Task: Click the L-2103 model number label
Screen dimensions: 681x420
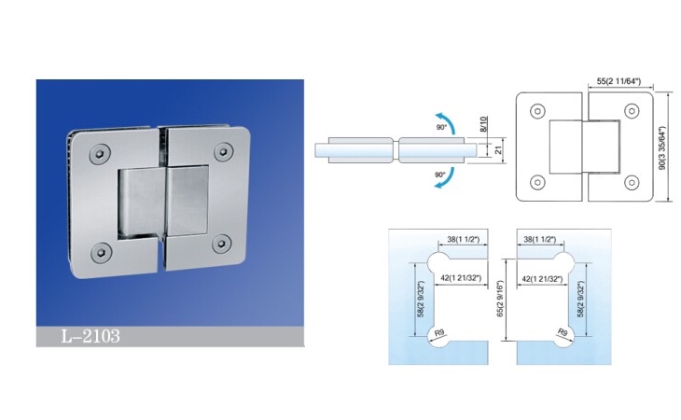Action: click(90, 336)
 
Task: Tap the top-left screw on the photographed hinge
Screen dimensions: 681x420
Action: click(100, 154)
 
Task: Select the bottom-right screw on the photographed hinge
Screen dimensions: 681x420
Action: click(222, 245)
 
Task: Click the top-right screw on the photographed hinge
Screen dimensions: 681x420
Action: click(223, 151)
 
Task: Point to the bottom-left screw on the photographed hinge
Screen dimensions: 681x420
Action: click(102, 252)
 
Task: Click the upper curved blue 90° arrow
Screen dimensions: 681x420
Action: click(449, 119)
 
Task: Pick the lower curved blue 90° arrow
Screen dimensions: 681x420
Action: click(448, 178)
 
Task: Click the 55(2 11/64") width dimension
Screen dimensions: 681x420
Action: click(618, 81)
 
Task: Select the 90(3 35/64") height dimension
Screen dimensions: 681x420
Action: click(662, 148)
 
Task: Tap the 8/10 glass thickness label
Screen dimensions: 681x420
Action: click(484, 124)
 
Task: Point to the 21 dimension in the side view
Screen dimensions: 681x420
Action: click(498, 150)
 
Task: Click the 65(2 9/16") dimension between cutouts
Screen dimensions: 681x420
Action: click(500, 299)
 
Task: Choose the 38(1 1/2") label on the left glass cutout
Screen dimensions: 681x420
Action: click(464, 239)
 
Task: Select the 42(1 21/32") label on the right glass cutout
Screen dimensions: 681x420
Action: click(540, 278)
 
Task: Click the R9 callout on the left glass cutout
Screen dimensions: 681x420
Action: click(439, 333)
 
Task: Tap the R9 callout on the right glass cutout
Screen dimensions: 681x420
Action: click(563, 333)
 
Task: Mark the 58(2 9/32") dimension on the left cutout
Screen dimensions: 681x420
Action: click(421, 299)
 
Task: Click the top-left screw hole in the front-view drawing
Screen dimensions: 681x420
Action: click(537, 111)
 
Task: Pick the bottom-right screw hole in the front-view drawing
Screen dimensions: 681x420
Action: click(632, 182)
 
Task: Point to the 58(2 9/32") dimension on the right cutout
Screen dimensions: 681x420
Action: click(580, 299)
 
